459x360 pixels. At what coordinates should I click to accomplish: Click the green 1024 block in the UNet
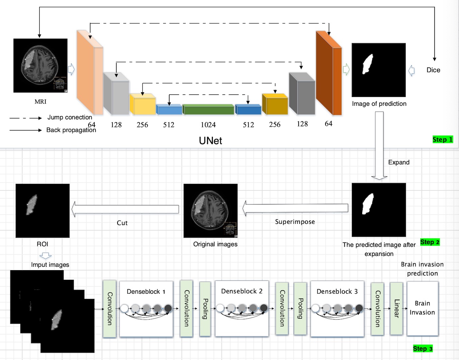208,110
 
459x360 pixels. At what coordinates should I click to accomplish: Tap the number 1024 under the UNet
208,125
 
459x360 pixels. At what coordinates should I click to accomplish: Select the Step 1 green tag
442,140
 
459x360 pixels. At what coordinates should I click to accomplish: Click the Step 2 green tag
430,242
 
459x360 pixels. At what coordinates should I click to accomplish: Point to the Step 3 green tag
423,349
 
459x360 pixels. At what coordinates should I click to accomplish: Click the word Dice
433,70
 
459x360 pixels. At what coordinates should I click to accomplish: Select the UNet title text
210,141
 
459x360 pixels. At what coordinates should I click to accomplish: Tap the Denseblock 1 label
146,292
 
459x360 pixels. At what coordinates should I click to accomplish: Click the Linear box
396,309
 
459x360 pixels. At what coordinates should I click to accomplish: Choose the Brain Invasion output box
422,308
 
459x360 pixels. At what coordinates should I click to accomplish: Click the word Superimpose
295,222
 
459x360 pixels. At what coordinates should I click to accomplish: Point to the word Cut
122,223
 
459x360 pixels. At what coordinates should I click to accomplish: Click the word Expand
399,162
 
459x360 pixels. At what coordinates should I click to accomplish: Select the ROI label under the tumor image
43,244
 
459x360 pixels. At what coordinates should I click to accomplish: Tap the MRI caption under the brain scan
40,102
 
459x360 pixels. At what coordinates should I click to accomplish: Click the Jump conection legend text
70,117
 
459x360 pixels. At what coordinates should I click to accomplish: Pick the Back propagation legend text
71,130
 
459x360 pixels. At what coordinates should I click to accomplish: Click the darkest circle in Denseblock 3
359,308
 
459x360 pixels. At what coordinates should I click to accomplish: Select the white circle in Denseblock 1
124,308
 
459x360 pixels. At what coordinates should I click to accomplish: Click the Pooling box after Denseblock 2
300,309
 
